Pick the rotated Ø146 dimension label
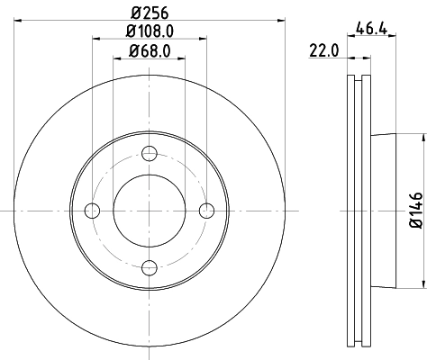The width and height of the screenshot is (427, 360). pyautogui.click(x=415, y=209)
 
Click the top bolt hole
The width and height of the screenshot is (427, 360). pyautogui.click(x=150, y=155)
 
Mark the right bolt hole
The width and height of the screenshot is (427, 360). pyautogui.click(x=205, y=211)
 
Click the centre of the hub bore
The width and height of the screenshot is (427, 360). pyautogui.click(x=150, y=211)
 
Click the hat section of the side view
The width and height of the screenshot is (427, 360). pyautogui.click(x=382, y=211)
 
